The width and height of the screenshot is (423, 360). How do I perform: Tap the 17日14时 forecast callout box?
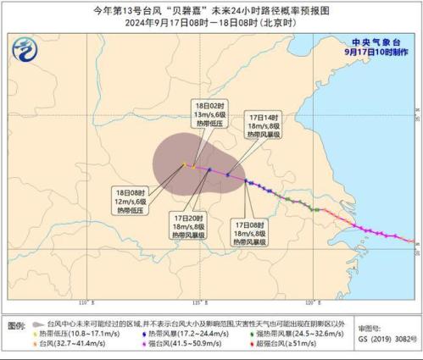point(268,124)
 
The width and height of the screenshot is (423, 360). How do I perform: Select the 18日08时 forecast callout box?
point(135,199)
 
